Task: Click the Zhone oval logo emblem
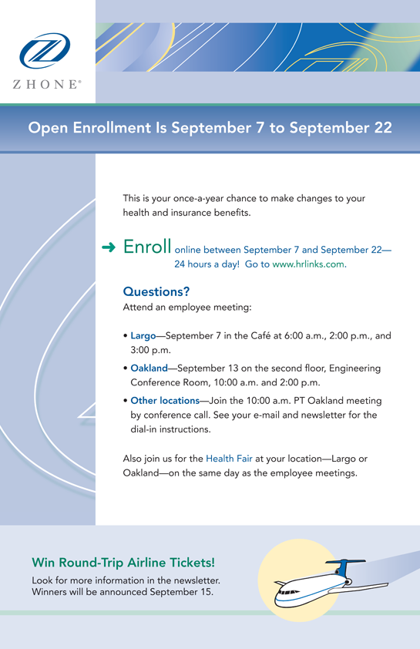pyautogui.click(x=45, y=51)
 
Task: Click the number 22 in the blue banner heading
pyautogui.click(x=383, y=127)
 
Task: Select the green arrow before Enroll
pyautogui.click(x=109, y=247)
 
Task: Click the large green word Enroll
pyautogui.click(x=147, y=247)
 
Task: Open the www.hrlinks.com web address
pyautogui.click(x=307, y=264)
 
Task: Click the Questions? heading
pyautogui.click(x=156, y=291)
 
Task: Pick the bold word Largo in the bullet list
pyautogui.click(x=143, y=335)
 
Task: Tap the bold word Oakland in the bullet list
pyautogui.click(x=149, y=368)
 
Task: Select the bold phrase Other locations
pyautogui.click(x=165, y=401)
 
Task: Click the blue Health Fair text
pyautogui.click(x=229, y=459)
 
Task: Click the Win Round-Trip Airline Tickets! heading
pyautogui.click(x=123, y=563)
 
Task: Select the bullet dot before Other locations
pyautogui.click(x=126, y=401)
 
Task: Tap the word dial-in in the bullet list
pyautogui.click(x=144, y=429)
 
